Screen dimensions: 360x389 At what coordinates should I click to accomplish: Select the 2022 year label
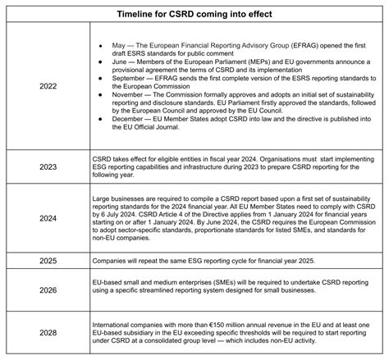pos(48,87)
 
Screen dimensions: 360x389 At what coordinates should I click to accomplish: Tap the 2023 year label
pos(48,167)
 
